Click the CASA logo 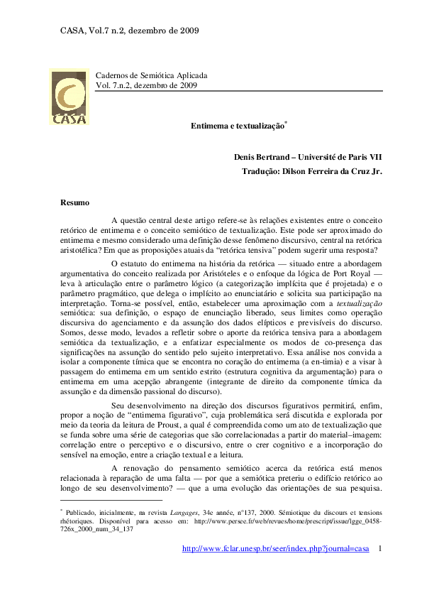tap(70, 96)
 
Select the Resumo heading tap(74, 203)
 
